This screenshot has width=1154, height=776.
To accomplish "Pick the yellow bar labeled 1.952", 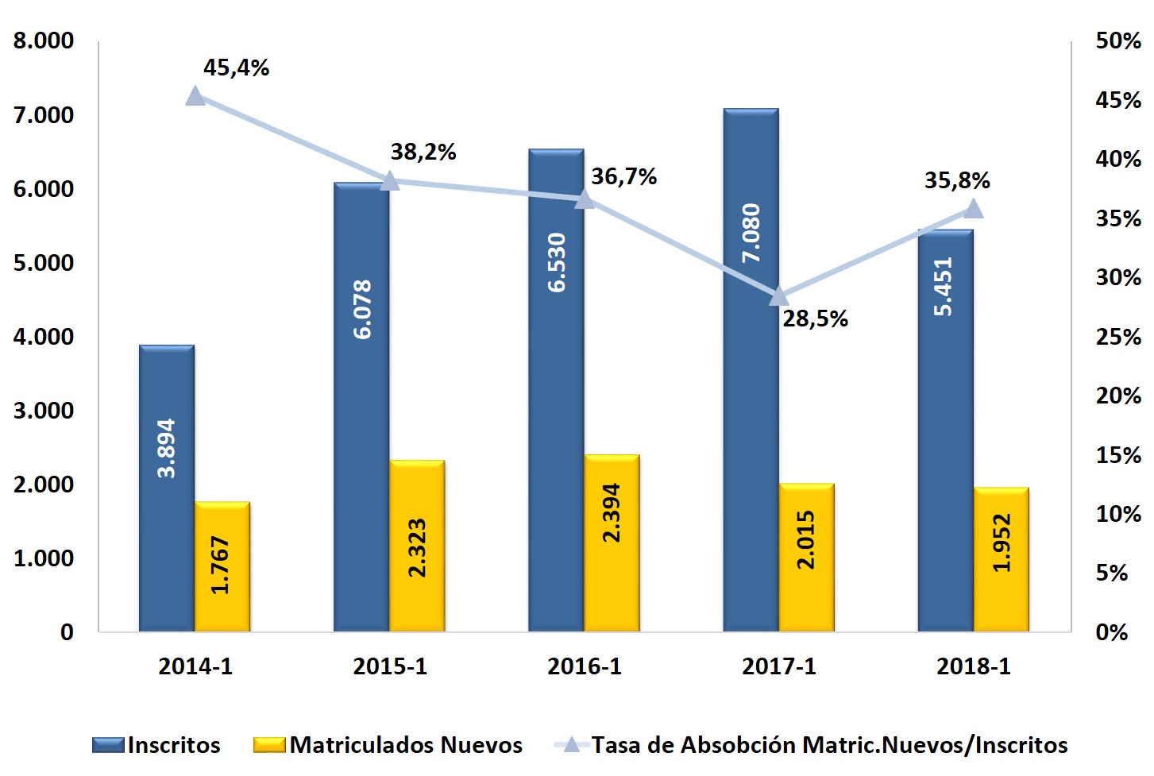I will coord(1002,559).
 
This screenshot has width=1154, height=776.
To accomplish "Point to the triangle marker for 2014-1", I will coord(195,97).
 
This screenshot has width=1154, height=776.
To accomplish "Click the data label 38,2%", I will coord(423,152).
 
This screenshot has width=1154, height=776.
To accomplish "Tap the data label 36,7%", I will coord(624,176).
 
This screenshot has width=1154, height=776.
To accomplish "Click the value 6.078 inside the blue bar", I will coord(362,309).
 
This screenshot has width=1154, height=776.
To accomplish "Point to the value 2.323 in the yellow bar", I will coord(417,547).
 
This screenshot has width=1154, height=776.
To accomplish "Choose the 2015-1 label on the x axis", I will coord(390,666).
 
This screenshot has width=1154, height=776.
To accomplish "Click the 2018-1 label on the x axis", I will coord(974,666).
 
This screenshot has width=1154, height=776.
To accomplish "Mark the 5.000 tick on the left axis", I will coord(44,263).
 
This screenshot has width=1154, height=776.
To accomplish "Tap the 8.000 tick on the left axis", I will coord(44,41).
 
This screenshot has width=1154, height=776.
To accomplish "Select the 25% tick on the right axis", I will coord(1118,337).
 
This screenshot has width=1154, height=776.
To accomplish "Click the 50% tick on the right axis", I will coord(1118,41).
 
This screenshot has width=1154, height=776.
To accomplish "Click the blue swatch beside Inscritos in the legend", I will coord(108,745).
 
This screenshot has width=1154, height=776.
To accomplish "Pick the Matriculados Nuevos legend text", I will coord(406,745).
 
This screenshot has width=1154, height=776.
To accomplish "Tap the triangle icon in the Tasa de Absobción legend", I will coord(571,744).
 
